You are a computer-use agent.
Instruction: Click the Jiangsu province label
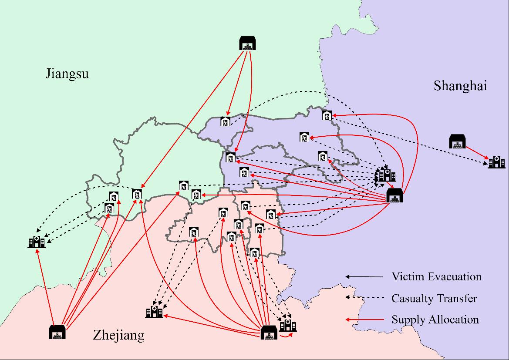[x=67, y=73]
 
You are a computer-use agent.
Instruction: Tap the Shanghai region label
[x=460, y=86]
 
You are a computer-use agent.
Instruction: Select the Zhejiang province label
[x=118, y=335]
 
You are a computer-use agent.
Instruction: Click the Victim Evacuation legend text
[x=436, y=276]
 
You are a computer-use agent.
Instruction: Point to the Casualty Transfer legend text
[x=434, y=298]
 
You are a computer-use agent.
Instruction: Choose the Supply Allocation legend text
[x=435, y=320]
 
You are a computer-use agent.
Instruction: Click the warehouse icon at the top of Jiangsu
[x=248, y=43]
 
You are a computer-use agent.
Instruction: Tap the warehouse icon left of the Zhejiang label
[x=57, y=332]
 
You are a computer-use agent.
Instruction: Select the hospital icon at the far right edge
[x=496, y=162]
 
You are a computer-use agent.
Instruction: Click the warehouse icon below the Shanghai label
[x=458, y=141]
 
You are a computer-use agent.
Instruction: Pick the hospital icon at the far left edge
[x=36, y=242]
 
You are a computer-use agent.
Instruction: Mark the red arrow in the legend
[x=365, y=320]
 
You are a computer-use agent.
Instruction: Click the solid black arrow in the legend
[x=365, y=276]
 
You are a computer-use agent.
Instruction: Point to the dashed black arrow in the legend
[x=365, y=298]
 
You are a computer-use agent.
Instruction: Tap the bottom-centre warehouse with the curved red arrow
[x=269, y=333]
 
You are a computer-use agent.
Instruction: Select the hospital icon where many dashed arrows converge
[x=386, y=175]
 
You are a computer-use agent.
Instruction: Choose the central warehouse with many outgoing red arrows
[x=395, y=195]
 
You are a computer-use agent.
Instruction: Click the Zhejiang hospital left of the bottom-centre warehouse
[x=154, y=311]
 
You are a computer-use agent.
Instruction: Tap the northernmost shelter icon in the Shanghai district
[x=327, y=116]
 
